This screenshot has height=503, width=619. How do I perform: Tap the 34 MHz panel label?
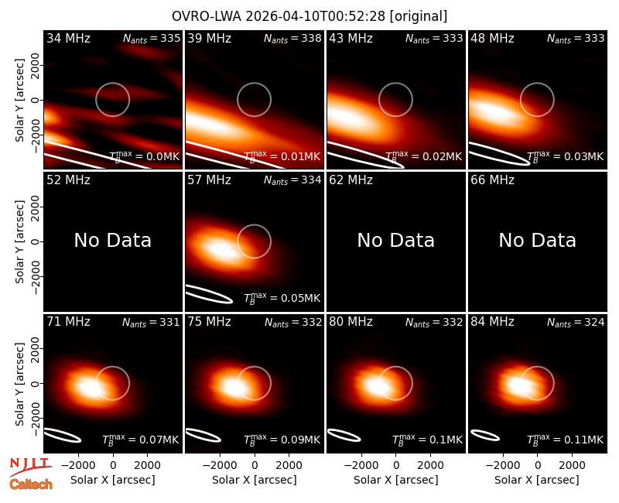(68, 38)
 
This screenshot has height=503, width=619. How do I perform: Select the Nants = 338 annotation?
(292, 38)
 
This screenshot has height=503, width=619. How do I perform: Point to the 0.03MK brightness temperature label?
(566, 156)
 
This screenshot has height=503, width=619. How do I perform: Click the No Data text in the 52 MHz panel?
(113, 241)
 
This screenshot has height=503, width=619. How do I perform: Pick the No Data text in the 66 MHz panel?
(537, 241)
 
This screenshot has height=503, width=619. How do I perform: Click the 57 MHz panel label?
(209, 180)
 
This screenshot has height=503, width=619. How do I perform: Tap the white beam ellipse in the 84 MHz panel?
(485, 435)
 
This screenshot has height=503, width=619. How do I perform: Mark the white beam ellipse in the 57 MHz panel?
(209, 294)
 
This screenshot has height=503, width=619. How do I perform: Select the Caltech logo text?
(31, 484)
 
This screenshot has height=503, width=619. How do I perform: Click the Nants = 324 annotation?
(576, 323)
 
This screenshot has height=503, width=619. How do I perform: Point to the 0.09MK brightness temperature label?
(282, 440)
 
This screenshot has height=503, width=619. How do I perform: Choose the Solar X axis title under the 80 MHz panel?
(396, 480)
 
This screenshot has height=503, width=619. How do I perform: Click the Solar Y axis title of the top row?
(19, 101)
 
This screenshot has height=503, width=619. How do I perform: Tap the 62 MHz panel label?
(351, 180)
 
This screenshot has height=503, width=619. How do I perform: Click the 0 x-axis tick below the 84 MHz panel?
(537, 465)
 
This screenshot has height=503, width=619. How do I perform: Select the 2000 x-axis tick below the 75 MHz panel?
(289, 465)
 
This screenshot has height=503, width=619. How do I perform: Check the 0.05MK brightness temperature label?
(282, 298)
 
